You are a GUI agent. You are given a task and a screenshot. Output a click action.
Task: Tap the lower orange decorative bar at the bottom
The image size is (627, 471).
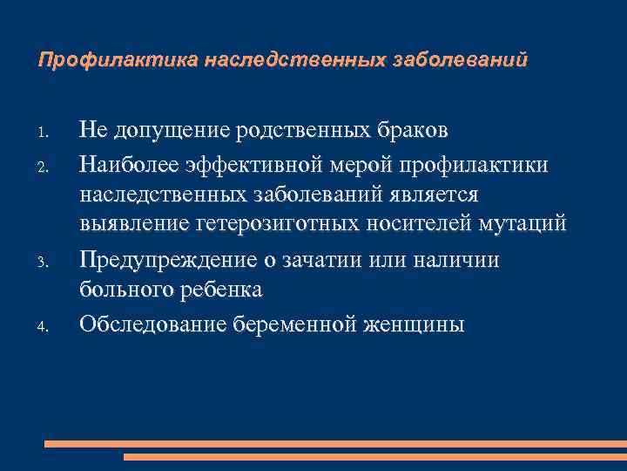tap(374, 456)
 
